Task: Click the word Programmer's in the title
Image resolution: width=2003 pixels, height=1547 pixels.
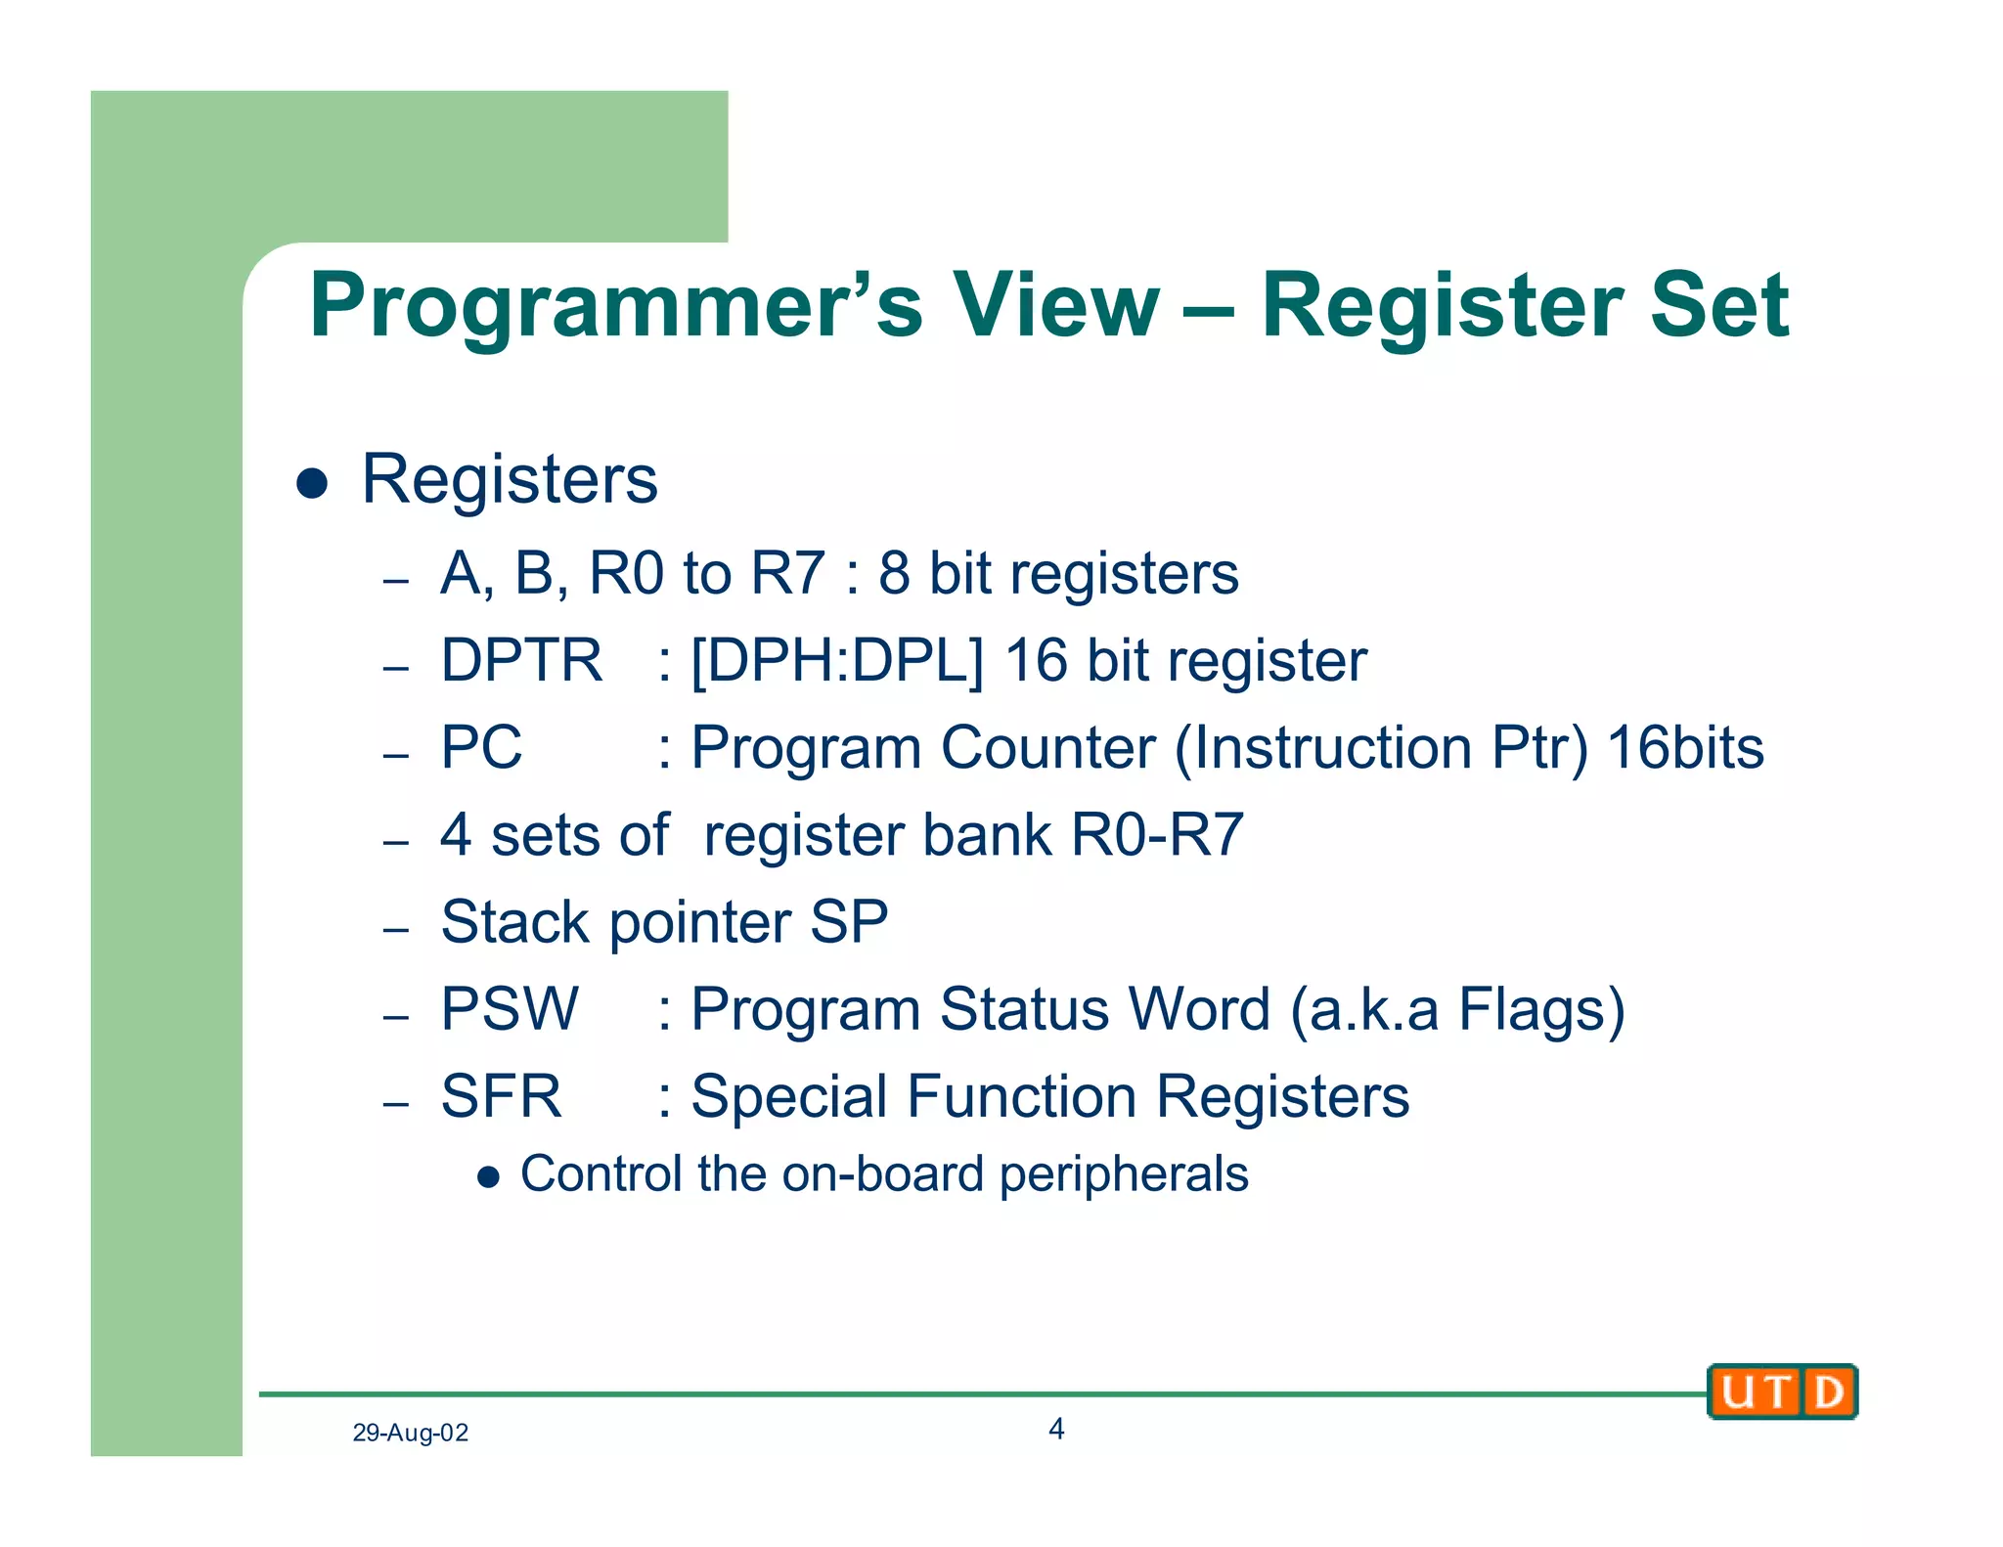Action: coord(616,307)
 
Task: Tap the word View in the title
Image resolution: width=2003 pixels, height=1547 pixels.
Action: coord(1056,305)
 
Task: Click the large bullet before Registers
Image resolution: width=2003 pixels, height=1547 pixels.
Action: coord(312,483)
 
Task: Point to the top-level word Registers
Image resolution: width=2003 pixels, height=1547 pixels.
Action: coord(510,480)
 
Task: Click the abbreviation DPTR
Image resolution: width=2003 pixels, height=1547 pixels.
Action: coord(521,660)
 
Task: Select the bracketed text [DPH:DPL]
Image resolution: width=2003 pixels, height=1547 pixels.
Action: coord(836,661)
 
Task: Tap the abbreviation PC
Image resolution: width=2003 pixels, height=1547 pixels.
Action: coord(481,748)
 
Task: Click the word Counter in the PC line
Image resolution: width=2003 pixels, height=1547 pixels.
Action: coord(1047,748)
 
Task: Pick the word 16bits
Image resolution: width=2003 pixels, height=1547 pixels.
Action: coord(1685,748)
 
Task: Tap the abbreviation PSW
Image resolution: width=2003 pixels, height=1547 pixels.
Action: coord(510,1009)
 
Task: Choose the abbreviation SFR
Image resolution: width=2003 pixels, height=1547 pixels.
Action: coord(502,1096)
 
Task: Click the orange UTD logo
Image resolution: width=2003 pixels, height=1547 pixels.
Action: coord(1782,1392)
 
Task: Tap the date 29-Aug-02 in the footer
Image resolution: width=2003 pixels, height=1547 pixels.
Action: coord(410,1434)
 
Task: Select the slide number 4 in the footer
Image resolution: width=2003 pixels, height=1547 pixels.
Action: coord(1056,1430)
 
